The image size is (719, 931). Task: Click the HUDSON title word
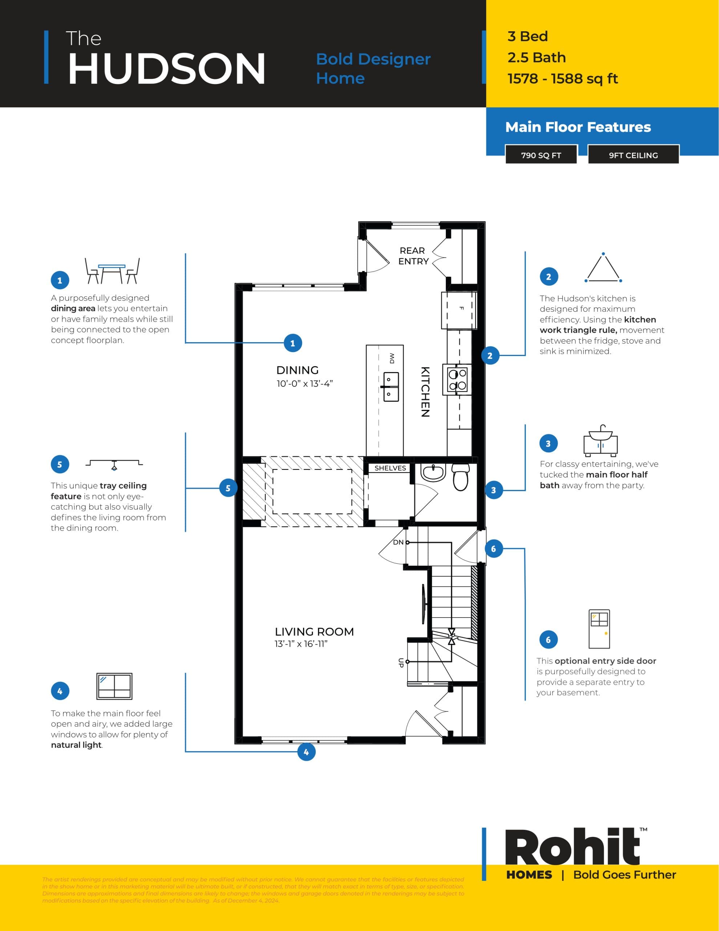(166, 69)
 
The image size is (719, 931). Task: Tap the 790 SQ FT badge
(541, 155)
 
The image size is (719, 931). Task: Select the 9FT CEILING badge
(633, 155)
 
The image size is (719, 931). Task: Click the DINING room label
(297, 370)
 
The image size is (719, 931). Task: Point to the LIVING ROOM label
(314, 631)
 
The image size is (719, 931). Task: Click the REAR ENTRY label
(413, 256)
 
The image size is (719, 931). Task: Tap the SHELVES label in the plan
(390, 468)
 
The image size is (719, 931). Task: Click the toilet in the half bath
(460, 478)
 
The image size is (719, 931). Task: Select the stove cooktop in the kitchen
(457, 379)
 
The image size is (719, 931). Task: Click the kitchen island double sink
(391, 387)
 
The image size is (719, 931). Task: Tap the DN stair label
(398, 542)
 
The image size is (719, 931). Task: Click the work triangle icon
(603, 268)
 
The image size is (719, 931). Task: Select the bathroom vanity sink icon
(601, 440)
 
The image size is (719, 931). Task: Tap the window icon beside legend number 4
(114, 686)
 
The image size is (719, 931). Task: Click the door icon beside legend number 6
(599, 629)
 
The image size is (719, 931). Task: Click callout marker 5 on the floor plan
(228, 488)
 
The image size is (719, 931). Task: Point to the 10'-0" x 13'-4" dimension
(304, 384)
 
